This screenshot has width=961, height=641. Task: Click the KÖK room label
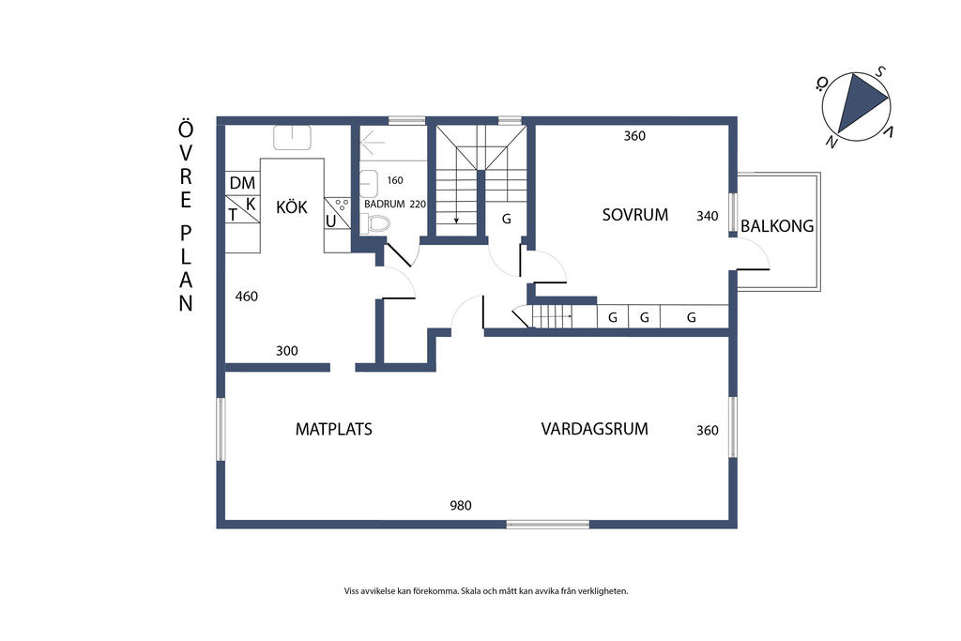coord(292,206)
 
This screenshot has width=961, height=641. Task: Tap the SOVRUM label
coord(635,215)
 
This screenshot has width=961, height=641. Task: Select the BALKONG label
coord(777,226)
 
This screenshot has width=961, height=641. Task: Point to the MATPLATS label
coord(334,429)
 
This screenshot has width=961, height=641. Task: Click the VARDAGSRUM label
coord(594,428)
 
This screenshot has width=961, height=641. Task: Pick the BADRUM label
coord(384,204)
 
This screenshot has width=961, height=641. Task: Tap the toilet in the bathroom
coord(375,223)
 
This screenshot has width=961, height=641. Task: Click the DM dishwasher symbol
coord(243,183)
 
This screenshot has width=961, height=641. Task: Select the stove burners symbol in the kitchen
coord(342,204)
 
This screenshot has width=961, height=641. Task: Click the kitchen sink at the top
coord(292,138)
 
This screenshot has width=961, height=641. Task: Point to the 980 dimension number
coord(461,506)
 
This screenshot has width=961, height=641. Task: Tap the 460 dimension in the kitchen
coord(247,297)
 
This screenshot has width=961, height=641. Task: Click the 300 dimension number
coord(287,350)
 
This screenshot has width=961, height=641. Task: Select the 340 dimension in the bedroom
coord(708,216)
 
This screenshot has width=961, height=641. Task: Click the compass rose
coord(856,106)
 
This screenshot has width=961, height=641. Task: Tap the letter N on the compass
coord(831,143)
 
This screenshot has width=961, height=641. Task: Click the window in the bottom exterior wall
coord(548,524)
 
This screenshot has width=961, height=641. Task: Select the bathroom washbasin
coord(368,183)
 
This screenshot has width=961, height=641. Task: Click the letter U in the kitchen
coord(331,221)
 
